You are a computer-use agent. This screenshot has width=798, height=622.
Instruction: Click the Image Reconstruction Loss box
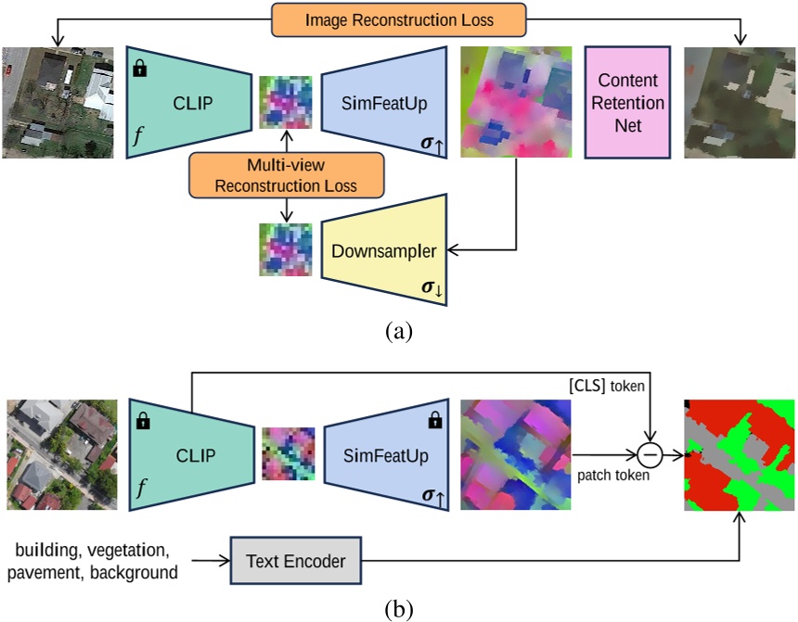tap(398, 19)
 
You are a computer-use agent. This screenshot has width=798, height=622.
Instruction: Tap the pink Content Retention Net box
tap(627, 102)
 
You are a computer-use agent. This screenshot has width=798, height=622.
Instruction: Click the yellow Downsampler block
tap(383, 251)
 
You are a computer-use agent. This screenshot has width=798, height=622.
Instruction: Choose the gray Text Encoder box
tap(295, 560)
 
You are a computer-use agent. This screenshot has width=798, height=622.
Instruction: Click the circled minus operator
tap(651, 454)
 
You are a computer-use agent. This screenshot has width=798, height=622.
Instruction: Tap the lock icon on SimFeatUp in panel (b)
tap(433, 423)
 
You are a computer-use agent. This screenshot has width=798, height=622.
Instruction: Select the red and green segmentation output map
tap(739, 454)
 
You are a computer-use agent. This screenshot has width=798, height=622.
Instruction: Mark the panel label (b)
tap(399, 609)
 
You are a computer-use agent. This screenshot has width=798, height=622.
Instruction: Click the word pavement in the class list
tap(45, 572)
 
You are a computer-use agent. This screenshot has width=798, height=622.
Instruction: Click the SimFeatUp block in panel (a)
tap(384, 102)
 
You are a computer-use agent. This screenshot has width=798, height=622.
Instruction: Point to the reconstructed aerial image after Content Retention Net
tap(740, 102)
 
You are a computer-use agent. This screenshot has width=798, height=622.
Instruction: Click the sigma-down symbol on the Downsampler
tap(432, 289)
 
